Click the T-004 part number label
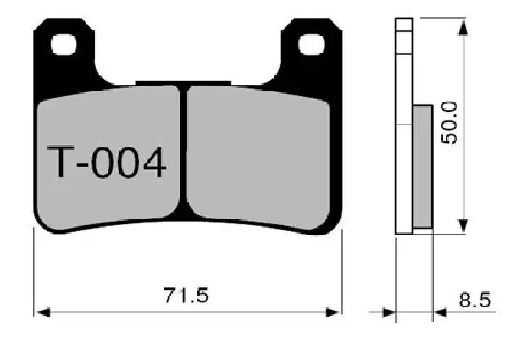[106, 162]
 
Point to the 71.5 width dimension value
[186, 296]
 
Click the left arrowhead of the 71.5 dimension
[41, 313]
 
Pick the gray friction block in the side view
[423, 165]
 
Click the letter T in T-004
[60, 162]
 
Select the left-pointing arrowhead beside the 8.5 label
[439, 313]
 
